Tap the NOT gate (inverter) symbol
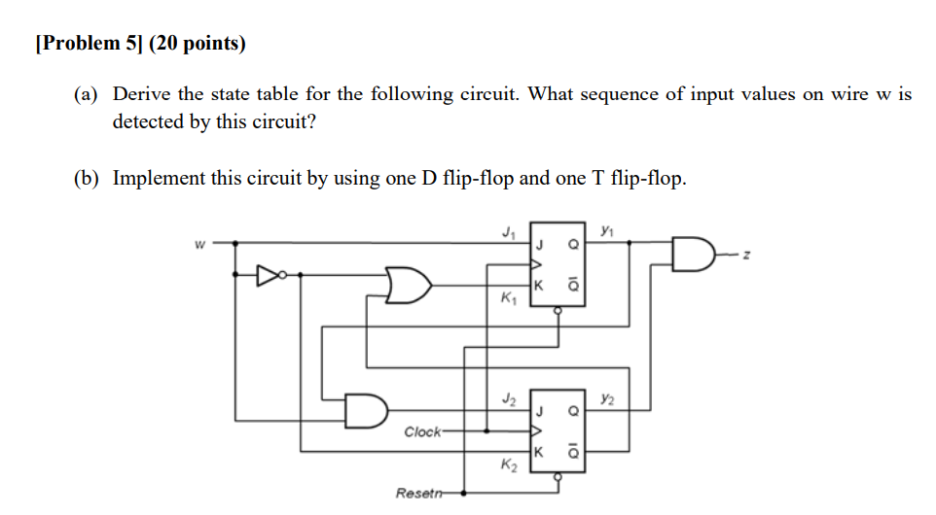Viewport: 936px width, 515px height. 269,274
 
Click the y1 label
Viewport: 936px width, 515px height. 608,230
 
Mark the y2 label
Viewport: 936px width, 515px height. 608,397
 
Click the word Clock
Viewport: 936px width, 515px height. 422,430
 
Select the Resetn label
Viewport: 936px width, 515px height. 415,494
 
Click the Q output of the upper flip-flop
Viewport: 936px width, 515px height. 573,246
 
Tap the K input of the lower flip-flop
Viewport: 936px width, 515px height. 537,453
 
